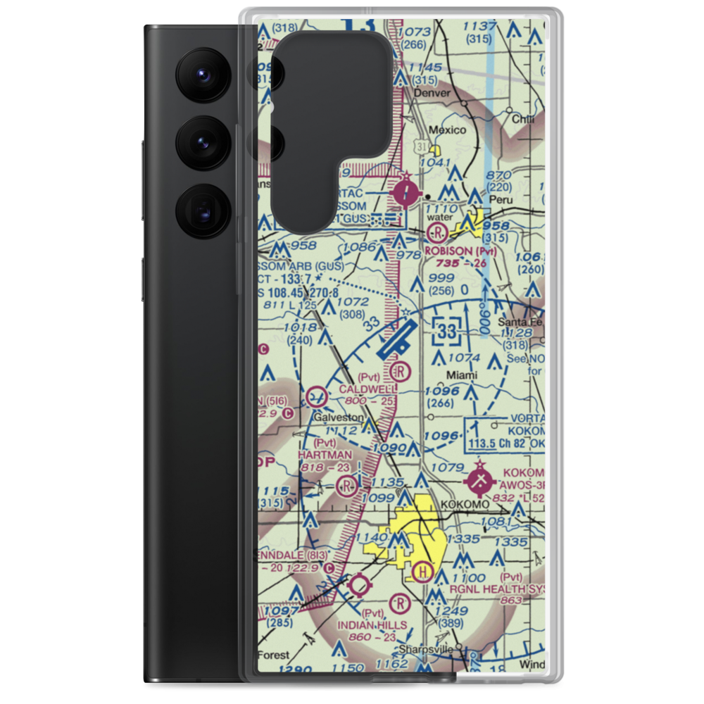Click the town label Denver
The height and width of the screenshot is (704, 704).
[432, 92]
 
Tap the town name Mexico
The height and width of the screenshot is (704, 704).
[448, 130]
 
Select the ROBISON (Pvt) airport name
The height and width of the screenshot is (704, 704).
[461, 251]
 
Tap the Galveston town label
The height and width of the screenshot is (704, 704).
[339, 417]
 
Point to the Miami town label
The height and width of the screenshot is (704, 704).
[462, 375]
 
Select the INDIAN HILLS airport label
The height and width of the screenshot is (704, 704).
[372, 625]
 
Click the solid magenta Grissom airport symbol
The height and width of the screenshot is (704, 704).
[406, 191]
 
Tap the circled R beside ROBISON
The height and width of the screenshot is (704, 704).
[439, 232]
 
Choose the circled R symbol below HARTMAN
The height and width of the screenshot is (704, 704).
[346, 485]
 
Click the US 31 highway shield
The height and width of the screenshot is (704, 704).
[421, 146]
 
